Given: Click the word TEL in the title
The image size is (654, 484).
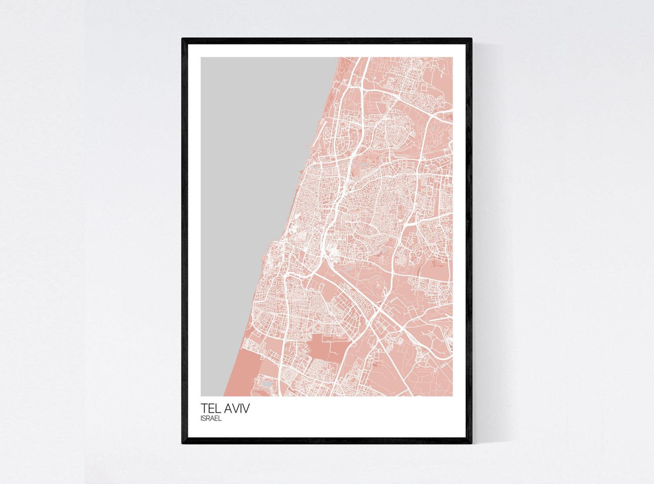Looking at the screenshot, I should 210,408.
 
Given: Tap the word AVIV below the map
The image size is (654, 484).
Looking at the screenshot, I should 236,408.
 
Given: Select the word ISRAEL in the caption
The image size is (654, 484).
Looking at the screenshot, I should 211,419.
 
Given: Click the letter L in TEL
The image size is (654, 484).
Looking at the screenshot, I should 218,408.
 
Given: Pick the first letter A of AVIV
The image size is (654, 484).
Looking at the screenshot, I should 228,408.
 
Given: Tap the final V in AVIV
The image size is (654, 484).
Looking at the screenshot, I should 245,408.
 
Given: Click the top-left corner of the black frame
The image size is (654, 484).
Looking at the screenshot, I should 183,39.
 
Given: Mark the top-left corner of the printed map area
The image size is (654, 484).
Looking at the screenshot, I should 201,57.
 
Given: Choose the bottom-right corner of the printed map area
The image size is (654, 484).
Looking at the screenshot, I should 453,396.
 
